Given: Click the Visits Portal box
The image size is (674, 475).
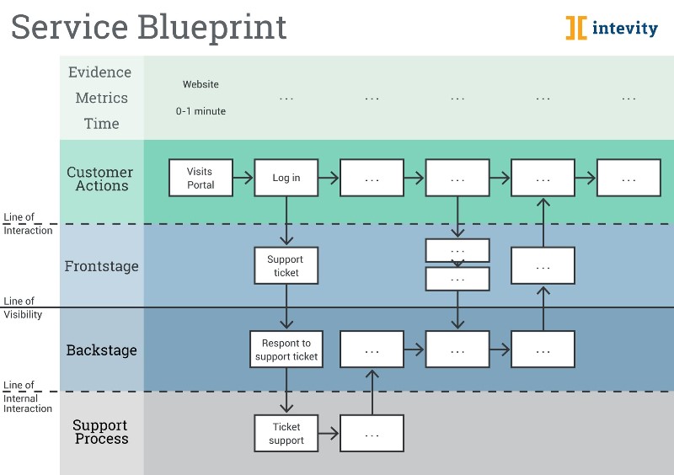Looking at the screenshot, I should pyautogui.click(x=201, y=178).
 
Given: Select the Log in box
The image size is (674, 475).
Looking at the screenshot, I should pyautogui.click(x=286, y=178).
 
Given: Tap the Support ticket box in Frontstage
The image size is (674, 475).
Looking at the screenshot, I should pyautogui.click(x=286, y=265).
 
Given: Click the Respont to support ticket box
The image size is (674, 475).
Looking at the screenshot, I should pyautogui.click(x=286, y=350).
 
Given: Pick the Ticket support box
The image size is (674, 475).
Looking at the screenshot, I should pyautogui.click(x=286, y=433).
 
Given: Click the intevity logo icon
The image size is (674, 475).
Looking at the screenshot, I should pyautogui.click(x=576, y=28).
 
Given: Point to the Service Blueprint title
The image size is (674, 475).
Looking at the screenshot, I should pyautogui.click(x=148, y=27).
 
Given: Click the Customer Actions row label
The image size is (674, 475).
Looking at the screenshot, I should pyautogui.click(x=101, y=179).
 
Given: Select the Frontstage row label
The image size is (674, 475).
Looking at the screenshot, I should pyautogui.click(x=101, y=266).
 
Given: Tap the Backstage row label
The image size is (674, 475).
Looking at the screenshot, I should pyautogui.click(x=101, y=350).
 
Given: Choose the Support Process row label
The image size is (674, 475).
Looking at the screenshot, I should pyautogui.click(x=100, y=432).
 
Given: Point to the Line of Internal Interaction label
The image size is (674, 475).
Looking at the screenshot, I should pyautogui.click(x=28, y=397).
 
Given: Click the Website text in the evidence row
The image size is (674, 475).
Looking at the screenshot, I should pyautogui.click(x=201, y=84).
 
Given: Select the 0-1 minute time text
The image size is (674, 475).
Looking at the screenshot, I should pyautogui.click(x=201, y=111).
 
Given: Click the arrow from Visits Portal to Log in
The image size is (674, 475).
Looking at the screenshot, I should pyautogui.click(x=243, y=178).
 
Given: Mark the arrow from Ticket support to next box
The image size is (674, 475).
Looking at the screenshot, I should pyautogui.click(x=329, y=434).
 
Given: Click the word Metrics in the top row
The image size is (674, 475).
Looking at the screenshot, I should pyautogui.click(x=101, y=98).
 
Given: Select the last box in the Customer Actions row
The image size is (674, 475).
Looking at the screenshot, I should pyautogui.click(x=629, y=178).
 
